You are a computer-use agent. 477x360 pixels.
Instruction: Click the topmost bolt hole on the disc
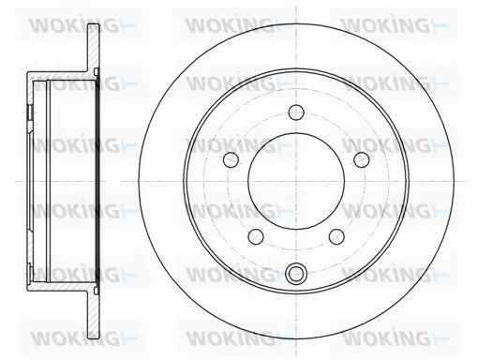[296, 112]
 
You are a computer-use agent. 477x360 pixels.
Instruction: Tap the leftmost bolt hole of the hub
[231, 159]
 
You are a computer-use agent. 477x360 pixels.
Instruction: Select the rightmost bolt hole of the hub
[362, 159]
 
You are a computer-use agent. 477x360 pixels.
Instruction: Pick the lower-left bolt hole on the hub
[256, 236]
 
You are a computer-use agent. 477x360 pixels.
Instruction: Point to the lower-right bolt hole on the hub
[336, 236]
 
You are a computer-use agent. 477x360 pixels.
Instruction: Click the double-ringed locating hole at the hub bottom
[296, 272]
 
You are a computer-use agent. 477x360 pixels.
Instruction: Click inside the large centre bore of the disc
[296, 181]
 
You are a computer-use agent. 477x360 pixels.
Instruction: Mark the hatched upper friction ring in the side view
[93, 48]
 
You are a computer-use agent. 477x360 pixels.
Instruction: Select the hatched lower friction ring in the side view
[93, 315]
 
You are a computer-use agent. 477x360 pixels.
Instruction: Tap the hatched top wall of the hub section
[59, 76]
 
